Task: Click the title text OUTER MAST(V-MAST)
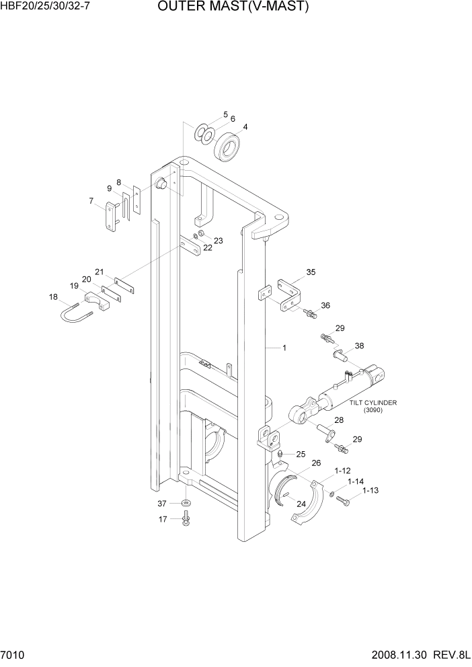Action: [233, 7]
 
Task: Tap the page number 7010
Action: [13, 655]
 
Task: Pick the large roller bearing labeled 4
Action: [227, 147]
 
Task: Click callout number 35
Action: [310, 272]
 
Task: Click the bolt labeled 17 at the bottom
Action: [186, 518]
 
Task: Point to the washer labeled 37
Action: [186, 503]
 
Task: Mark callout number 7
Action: [91, 201]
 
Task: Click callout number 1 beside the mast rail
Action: [284, 348]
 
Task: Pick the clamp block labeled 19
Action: [97, 301]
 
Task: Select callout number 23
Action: [218, 240]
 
